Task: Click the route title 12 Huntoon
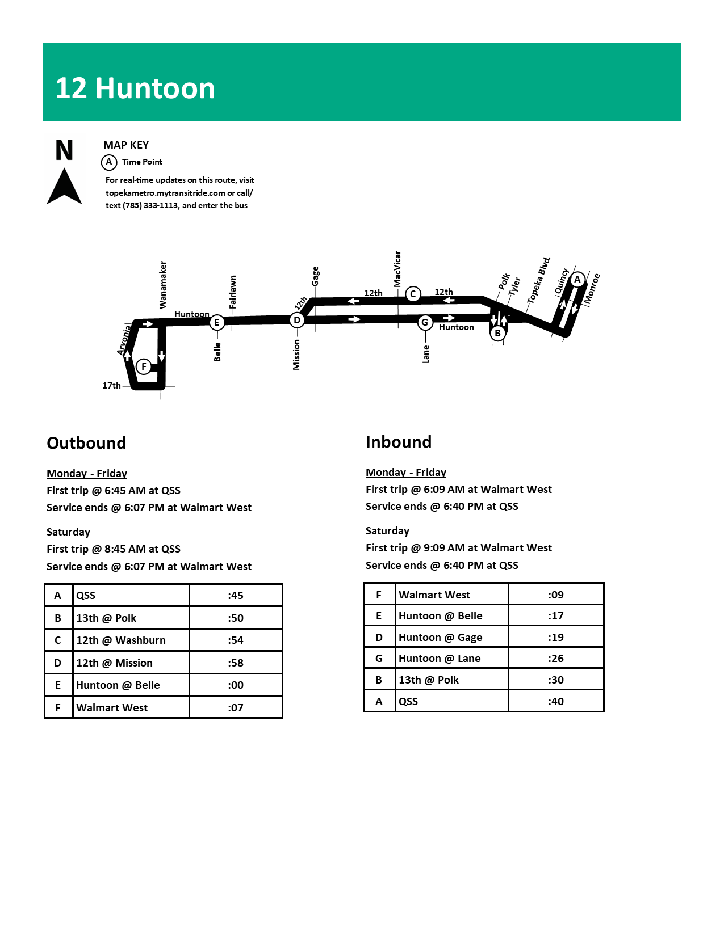click(x=135, y=88)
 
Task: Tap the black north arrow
click(x=64, y=185)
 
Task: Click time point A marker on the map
click(x=577, y=279)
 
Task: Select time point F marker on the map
click(x=144, y=366)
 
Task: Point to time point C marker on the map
click(x=413, y=294)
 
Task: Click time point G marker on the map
click(x=424, y=323)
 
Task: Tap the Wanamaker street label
click(x=164, y=285)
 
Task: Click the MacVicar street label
click(x=397, y=269)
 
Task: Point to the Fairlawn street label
click(x=233, y=292)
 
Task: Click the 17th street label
click(x=111, y=386)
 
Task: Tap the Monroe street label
click(x=592, y=288)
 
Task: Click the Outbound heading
click(x=86, y=443)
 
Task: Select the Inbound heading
click(x=399, y=442)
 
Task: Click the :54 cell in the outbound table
click(x=236, y=640)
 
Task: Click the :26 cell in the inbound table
click(x=556, y=659)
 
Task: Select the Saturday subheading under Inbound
click(x=387, y=531)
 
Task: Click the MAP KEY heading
click(x=126, y=145)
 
